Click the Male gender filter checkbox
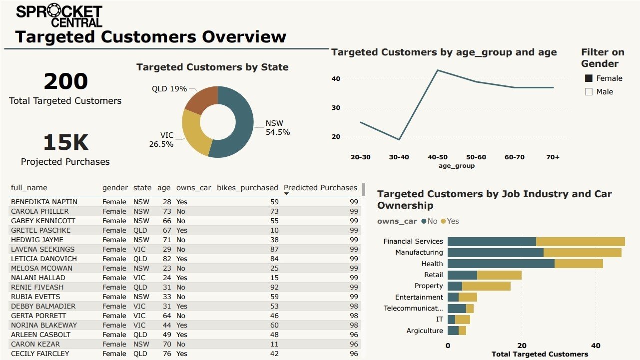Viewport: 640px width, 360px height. click(589, 92)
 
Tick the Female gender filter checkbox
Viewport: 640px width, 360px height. click(589, 78)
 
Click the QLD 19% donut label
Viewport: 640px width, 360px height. click(169, 89)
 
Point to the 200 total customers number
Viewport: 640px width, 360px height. click(65, 82)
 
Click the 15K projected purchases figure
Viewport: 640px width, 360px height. click(65, 143)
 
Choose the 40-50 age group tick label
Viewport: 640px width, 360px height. click(437, 157)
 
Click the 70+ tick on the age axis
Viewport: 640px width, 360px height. click(553, 157)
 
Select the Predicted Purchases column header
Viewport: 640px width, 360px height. click(320, 188)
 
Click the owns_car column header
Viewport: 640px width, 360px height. click(194, 188)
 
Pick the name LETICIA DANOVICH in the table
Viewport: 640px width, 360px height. click(44, 259)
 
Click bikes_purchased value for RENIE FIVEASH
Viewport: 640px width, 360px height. click(273, 287)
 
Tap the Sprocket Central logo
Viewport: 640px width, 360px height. click(59, 16)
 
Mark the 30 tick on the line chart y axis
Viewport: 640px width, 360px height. click(335, 108)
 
